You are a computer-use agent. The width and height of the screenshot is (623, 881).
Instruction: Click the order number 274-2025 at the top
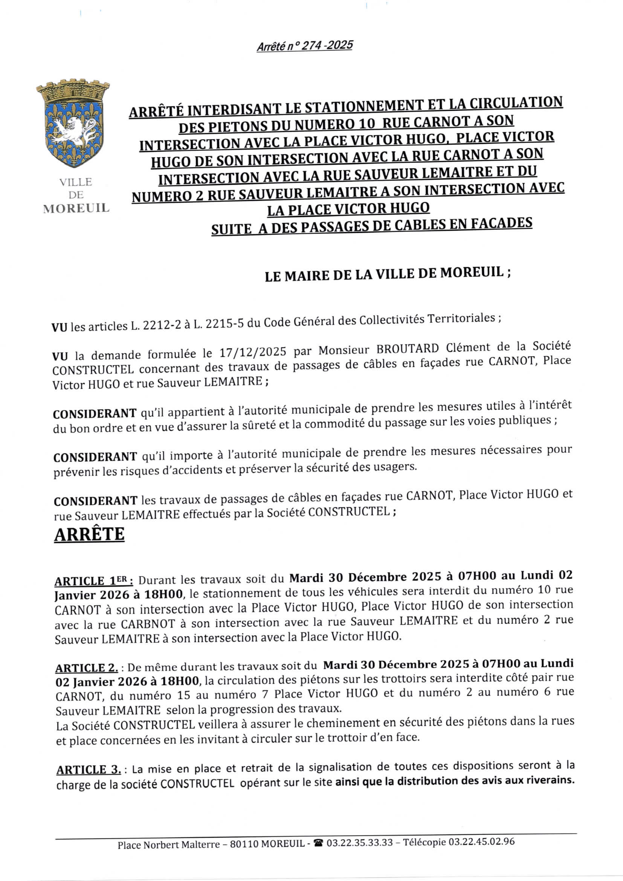click(327, 46)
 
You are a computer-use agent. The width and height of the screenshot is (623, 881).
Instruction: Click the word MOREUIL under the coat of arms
click(76, 208)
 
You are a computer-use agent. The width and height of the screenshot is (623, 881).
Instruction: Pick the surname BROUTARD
click(408, 349)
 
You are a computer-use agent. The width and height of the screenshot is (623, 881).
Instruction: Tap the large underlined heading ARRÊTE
click(89, 534)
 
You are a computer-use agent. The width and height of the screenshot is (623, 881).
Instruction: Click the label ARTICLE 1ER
click(94, 581)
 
